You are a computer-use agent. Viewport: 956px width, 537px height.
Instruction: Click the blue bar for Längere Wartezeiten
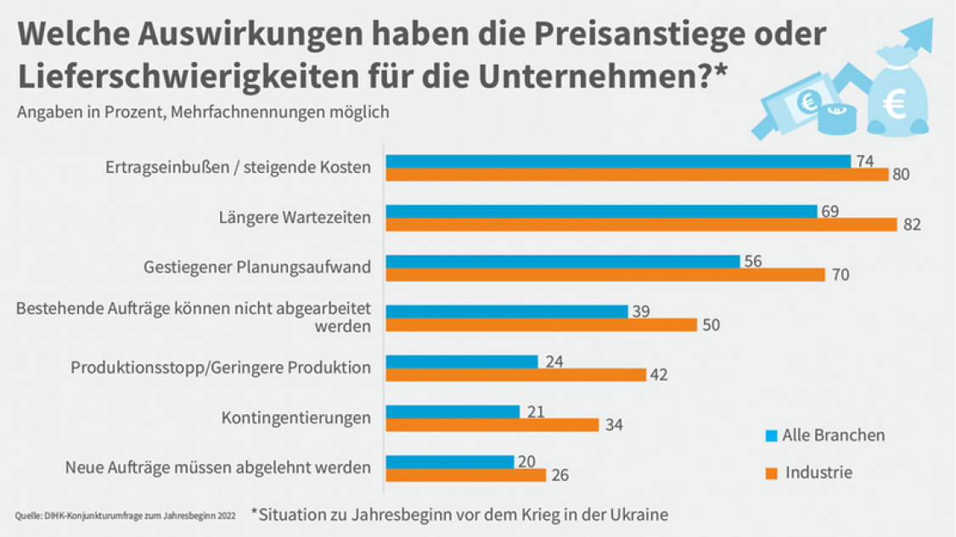tap(601, 211)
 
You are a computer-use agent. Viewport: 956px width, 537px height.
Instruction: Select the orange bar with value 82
tap(641, 225)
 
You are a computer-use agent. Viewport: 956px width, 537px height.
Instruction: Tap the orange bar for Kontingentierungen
tap(492, 425)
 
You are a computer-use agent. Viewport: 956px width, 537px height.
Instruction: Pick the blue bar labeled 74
tap(618, 161)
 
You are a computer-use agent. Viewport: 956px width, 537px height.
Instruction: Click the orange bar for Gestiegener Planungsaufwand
tap(605, 275)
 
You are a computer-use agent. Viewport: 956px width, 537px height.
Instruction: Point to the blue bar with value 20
tap(450, 461)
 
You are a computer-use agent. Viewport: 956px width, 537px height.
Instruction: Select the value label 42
tap(659, 375)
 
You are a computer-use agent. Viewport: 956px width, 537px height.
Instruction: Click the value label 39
tap(641, 311)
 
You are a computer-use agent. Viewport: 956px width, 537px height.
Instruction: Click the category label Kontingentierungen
tap(295, 417)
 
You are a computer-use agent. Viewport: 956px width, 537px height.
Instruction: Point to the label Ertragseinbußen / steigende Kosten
tap(238, 167)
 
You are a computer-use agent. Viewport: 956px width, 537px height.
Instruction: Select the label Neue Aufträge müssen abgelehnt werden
tap(218, 467)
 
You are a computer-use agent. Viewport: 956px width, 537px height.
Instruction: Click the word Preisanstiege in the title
tap(610, 34)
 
